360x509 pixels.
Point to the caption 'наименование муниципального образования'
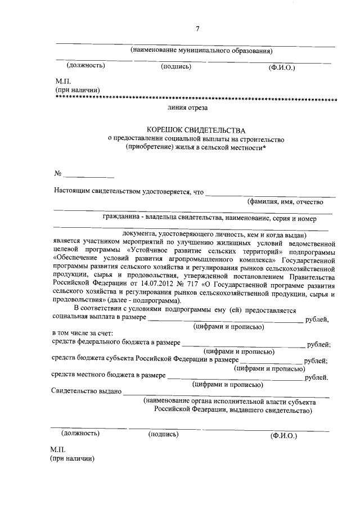[202, 51]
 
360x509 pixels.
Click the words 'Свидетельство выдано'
[86, 391]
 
